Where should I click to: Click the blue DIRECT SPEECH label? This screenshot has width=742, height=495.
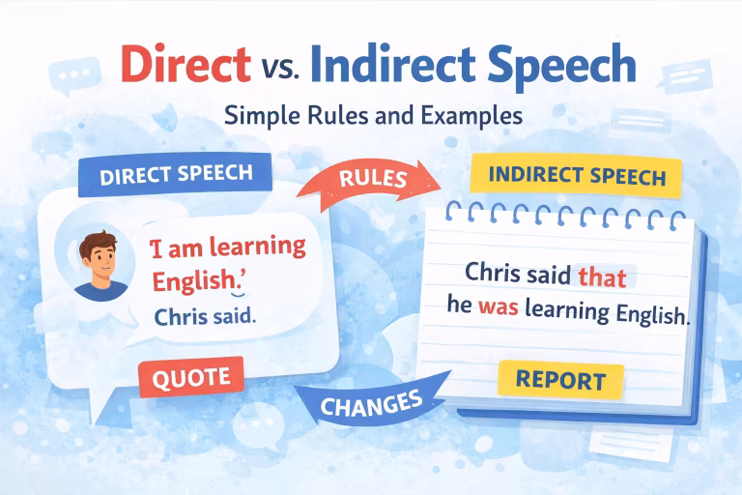pyautogui.click(x=176, y=175)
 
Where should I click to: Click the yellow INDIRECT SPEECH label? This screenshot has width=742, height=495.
pyautogui.click(x=577, y=178)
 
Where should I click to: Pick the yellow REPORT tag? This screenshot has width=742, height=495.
pyautogui.click(x=560, y=379)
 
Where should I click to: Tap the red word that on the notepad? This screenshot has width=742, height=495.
pyautogui.click(x=602, y=277)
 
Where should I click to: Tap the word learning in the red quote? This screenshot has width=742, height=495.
pyautogui.click(x=252, y=248)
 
